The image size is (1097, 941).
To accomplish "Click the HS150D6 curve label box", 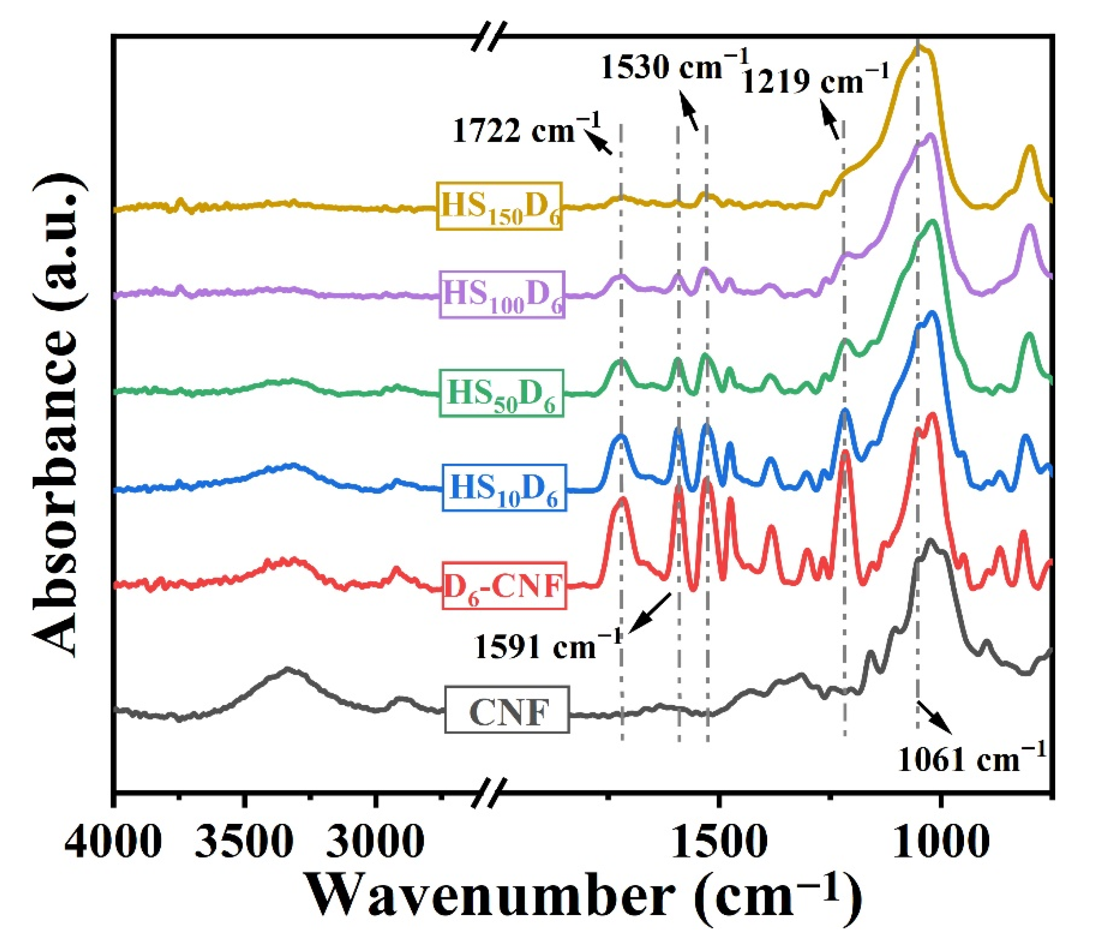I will coord(499,207).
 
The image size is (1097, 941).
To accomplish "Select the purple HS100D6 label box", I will coord(502,294).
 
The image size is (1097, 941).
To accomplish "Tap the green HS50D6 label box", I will coord(501,393).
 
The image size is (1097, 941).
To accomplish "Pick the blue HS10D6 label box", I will coord(503,488).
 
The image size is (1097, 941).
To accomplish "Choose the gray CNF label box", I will coord(507,710).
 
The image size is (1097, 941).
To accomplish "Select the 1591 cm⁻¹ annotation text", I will coord(548,646).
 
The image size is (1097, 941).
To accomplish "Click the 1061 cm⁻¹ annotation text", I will coord(971,759).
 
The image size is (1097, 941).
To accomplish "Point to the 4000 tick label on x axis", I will coord(112,841).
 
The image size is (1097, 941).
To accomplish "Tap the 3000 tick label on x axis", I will coord(374,841).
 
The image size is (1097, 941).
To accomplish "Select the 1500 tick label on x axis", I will coord(717,841).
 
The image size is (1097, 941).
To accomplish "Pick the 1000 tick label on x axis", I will coord(940,841).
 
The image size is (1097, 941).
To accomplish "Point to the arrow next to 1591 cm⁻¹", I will coord(649,613).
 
